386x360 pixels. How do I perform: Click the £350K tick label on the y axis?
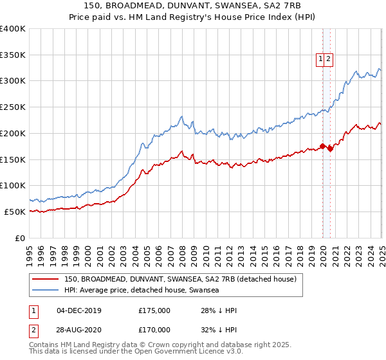coord(13,55)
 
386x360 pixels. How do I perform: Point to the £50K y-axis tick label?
coord(15,212)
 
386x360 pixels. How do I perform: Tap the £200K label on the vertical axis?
coord(13,133)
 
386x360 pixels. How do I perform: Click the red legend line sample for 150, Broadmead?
coord(46,279)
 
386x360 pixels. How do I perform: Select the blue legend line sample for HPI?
coord(46,290)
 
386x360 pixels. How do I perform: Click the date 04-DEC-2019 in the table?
coord(79,310)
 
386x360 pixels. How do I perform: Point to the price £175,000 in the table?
coord(154,310)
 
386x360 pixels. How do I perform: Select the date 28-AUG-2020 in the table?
coord(79,330)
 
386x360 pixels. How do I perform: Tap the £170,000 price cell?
coord(154,330)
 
